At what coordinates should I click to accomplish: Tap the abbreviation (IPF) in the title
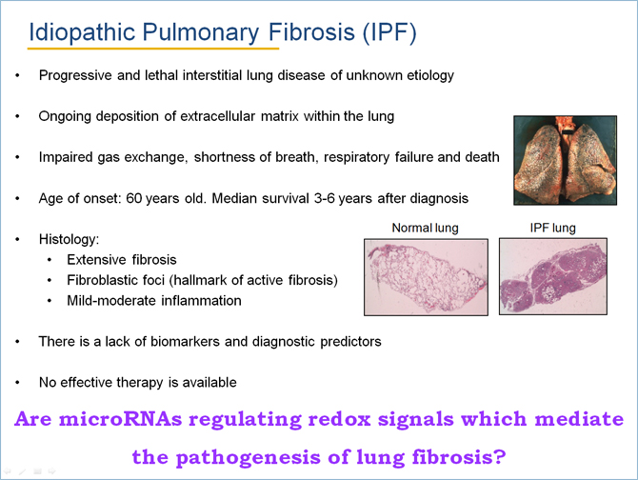coord(389,32)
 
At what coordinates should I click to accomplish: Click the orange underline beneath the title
coord(153,49)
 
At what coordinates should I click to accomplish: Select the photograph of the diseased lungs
coord(566,160)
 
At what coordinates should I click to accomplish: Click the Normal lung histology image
coord(426,277)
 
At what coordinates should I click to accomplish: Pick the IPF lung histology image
coord(553,276)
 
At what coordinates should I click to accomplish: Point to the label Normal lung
coord(425,228)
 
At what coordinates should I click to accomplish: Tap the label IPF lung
coord(552,228)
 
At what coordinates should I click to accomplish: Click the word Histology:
coord(69,239)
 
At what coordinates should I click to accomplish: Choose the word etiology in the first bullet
coord(431,75)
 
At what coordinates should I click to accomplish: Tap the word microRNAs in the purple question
coord(121,419)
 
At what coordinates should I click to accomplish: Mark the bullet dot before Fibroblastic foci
coord(50,280)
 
